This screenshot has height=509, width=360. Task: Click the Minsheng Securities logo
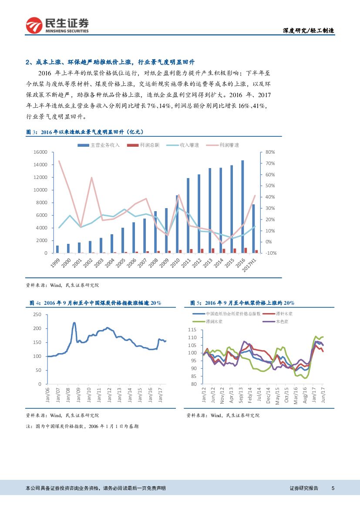click(57, 25)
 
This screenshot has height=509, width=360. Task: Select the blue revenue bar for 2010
click(177, 224)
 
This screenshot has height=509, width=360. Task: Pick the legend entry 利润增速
click(229, 145)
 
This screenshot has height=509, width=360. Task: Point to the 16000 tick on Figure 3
click(40, 152)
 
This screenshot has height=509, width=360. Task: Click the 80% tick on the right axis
click(269, 152)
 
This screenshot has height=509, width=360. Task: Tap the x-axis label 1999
click(55, 262)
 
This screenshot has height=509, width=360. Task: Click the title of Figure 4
click(95, 303)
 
